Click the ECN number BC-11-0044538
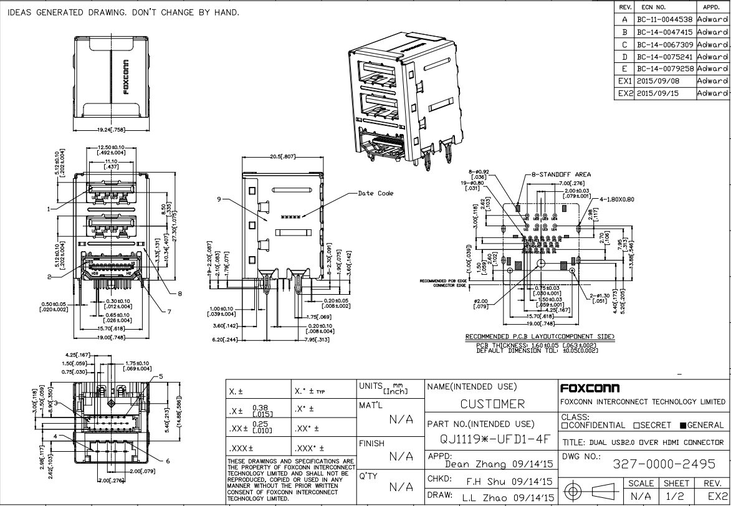click(665, 20)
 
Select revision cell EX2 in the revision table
click(624, 93)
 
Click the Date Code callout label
click(376, 193)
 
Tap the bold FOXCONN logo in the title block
click(589, 388)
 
